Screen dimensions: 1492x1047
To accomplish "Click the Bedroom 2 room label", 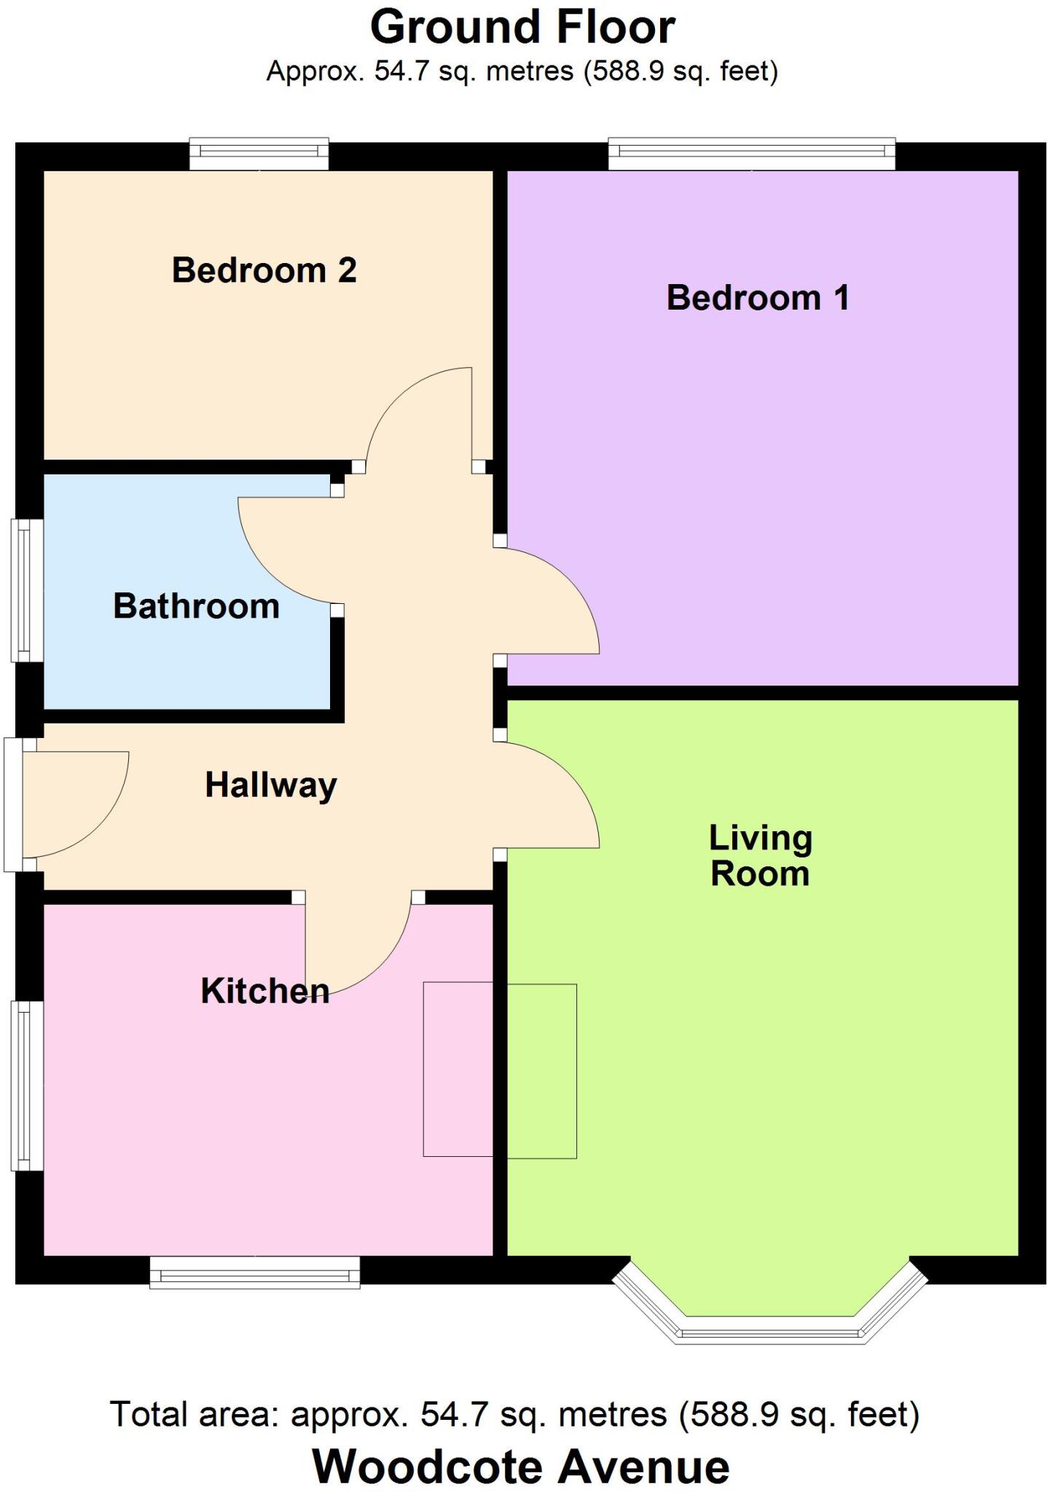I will [264, 270].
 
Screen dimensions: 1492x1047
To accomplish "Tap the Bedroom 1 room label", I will [758, 298].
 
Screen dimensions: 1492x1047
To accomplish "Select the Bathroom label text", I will [196, 606].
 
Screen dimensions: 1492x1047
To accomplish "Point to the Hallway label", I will [271, 785].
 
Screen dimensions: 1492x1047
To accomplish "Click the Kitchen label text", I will [264, 991].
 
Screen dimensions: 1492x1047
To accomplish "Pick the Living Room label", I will [760, 856].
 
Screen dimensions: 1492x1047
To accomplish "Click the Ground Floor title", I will [522, 28].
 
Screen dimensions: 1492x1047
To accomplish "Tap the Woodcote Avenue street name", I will [521, 1466].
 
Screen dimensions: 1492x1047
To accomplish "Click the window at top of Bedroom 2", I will [259, 153].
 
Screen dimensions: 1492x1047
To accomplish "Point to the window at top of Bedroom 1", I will [751, 153].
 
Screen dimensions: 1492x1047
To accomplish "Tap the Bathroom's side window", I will [27, 590].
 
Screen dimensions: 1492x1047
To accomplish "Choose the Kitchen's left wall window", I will [27, 1085].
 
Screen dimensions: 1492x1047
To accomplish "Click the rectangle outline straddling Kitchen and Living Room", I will [500, 1069].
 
